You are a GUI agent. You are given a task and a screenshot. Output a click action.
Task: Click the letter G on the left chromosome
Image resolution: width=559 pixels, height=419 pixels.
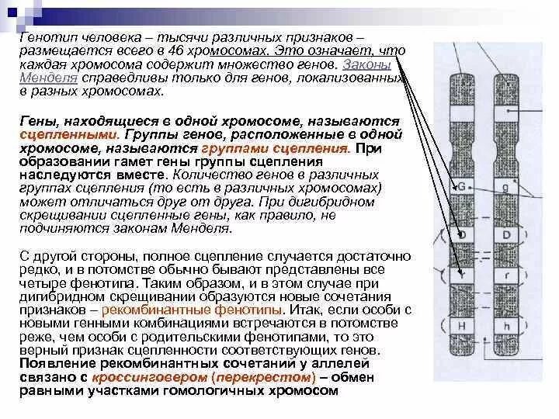[x=462, y=187]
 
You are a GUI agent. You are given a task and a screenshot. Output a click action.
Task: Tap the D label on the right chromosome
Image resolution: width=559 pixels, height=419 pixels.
[x=505, y=234]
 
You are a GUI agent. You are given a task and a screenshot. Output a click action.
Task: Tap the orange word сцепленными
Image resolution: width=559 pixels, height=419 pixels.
[x=55, y=134]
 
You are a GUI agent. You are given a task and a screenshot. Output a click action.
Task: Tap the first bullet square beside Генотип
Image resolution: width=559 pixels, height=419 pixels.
[x=12, y=37]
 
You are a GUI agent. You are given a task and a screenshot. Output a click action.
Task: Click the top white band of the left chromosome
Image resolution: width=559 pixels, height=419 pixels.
[x=462, y=109]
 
